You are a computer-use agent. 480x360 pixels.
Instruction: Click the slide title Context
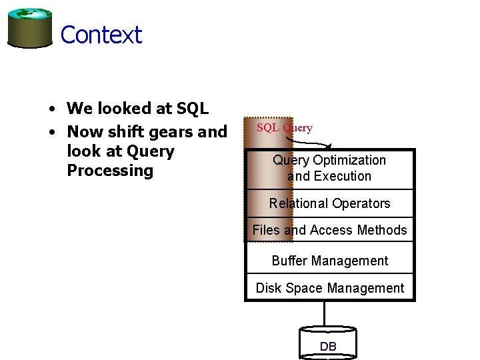101,35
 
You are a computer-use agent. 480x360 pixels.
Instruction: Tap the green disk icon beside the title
30,28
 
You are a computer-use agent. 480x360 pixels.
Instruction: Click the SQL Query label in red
284,128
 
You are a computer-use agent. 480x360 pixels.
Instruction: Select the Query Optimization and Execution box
329,169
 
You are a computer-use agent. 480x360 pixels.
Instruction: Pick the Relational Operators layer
329,203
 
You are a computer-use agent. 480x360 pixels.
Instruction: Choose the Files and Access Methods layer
329,230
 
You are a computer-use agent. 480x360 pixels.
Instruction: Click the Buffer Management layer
329,261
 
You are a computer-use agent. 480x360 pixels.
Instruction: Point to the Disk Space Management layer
329,288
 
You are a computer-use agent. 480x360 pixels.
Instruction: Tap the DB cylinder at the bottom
328,344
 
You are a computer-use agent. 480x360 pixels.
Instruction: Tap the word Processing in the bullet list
110,171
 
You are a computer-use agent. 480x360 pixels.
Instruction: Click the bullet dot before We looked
51,109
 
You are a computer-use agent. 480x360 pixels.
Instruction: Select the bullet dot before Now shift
51,132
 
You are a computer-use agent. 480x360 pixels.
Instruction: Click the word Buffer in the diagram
289,261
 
